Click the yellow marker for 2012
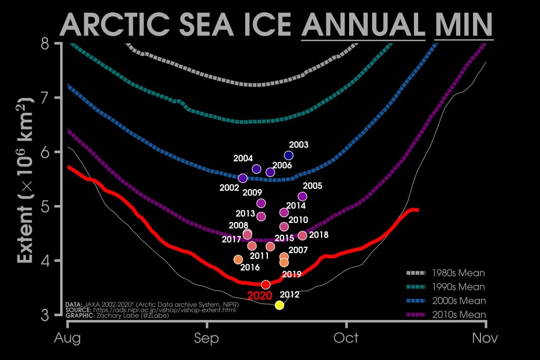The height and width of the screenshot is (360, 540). pyautogui.click(x=279, y=305)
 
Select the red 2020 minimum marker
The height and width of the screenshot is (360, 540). pyautogui.click(x=266, y=285)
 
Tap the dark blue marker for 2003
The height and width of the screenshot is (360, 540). pyautogui.click(x=288, y=155)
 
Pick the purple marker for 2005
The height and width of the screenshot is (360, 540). pyautogui.click(x=302, y=197)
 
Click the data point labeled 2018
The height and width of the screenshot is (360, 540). pyautogui.click(x=302, y=236)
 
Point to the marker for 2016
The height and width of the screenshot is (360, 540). pyautogui.click(x=238, y=259)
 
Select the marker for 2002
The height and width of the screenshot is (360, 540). pyautogui.click(x=243, y=178)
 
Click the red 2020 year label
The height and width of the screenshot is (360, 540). pyautogui.click(x=259, y=296)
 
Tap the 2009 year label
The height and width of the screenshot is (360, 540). pyautogui.click(x=253, y=192)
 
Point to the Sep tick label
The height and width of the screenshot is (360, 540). pyautogui.click(x=207, y=337)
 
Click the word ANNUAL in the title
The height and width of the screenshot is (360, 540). pyautogui.click(x=363, y=24)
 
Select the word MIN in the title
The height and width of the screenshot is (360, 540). pyautogui.click(x=464, y=24)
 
